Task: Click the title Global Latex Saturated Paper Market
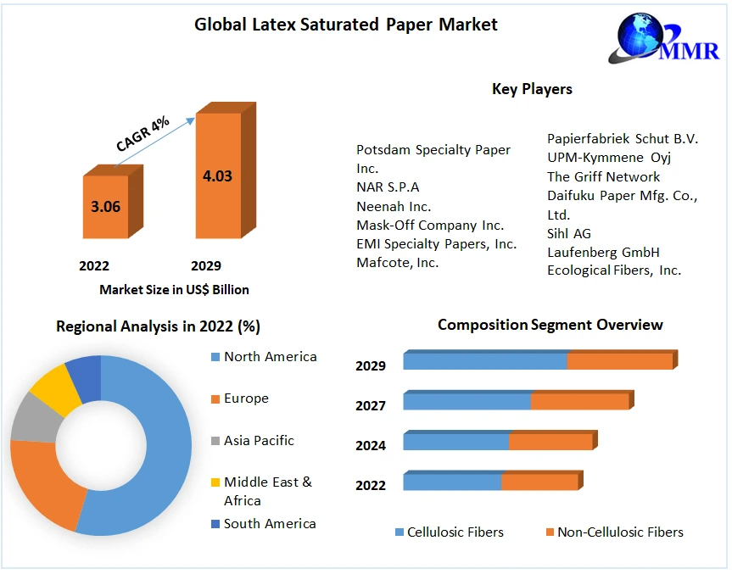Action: click(346, 24)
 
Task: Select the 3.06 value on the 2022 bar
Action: click(105, 206)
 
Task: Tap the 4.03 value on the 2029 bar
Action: click(217, 176)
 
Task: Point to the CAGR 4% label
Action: click(142, 135)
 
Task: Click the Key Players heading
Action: click(532, 89)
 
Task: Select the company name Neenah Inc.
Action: click(394, 206)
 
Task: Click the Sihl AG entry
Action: click(569, 233)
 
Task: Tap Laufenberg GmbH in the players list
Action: click(603, 252)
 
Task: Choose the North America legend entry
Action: click(270, 357)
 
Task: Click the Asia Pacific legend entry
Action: click(259, 441)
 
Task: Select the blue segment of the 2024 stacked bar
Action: click(455, 442)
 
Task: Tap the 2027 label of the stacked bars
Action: click(371, 406)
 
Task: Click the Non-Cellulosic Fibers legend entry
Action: click(619, 532)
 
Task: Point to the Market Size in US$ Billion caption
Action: click(174, 290)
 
